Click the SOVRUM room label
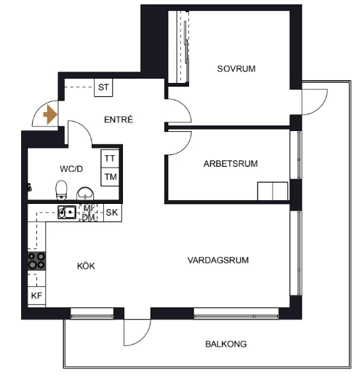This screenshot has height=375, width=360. (236, 68)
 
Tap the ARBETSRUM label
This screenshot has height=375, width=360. (231, 164)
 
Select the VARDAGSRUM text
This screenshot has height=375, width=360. (218, 260)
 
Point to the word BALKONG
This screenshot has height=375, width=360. (225, 344)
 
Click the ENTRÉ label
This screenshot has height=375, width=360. (119, 119)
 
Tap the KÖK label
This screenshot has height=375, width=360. (86, 266)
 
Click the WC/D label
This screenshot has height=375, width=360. (71, 169)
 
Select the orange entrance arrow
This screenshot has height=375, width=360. (50, 114)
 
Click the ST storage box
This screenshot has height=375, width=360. (103, 87)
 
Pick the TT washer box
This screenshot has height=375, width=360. (110, 159)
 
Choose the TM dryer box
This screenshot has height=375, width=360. (110, 177)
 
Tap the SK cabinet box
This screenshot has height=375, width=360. (112, 213)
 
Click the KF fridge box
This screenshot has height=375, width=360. (36, 296)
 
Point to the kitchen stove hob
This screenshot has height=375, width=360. (36, 261)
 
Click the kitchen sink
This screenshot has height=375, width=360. (67, 212)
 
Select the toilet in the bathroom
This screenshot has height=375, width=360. (61, 190)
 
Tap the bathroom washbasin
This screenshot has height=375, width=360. (85, 194)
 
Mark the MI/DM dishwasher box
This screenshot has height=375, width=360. (89, 213)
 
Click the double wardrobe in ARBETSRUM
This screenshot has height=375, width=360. (273, 192)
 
